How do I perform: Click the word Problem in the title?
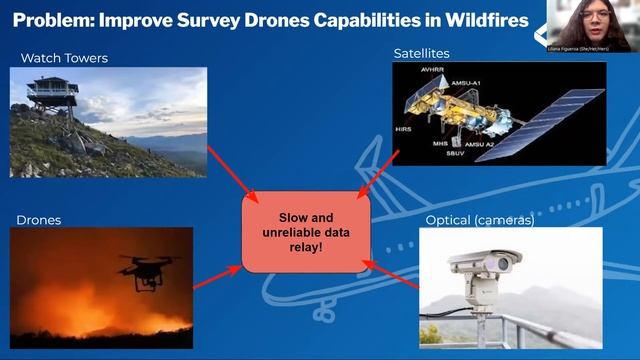coord(54,21)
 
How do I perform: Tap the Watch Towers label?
coord(64,58)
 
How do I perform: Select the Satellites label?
coord(421,52)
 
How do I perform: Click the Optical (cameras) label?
coord(480,220)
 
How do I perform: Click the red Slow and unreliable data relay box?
coord(307,232)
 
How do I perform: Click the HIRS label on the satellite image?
coord(403,129)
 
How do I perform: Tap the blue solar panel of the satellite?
coord(555,113)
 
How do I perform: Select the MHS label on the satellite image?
coord(440,143)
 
